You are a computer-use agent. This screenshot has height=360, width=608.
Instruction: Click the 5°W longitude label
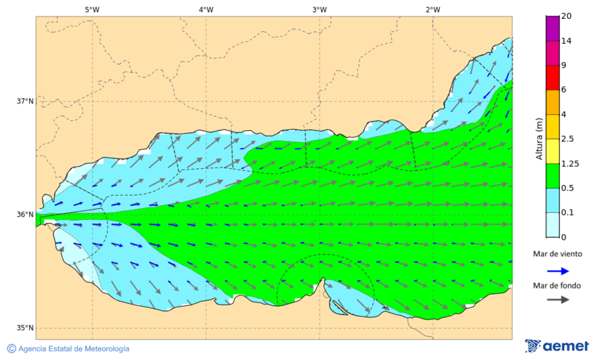point(92,9)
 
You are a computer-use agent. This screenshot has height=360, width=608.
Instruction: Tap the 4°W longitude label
point(206,9)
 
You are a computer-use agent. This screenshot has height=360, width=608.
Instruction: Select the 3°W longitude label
point(320,9)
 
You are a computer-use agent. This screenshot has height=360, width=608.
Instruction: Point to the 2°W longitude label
point(433,9)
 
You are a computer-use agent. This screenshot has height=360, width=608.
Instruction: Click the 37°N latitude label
point(25,101)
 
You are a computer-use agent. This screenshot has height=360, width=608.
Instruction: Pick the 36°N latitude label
point(25,215)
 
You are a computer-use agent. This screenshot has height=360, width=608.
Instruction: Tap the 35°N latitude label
point(25,328)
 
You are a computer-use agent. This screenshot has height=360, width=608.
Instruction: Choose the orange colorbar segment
point(553,102)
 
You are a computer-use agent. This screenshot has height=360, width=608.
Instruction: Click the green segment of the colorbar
point(553,176)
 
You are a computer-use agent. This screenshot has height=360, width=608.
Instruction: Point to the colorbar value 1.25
point(571,163)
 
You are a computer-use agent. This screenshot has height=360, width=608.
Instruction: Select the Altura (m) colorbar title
point(539,138)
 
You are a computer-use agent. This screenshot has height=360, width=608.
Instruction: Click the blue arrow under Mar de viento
point(557,269)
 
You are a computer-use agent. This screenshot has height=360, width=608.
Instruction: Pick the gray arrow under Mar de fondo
point(557,299)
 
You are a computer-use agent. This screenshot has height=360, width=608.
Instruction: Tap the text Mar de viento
point(557,254)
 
